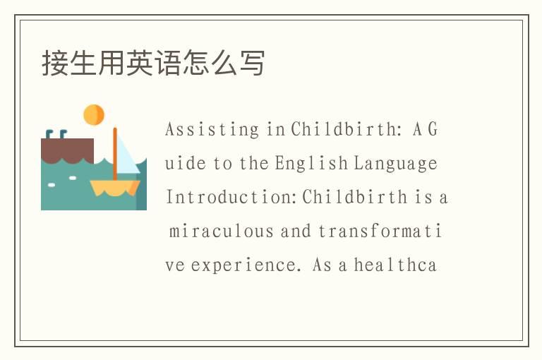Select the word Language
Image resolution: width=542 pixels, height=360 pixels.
point(396,164)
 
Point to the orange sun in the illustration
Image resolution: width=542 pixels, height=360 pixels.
point(94,114)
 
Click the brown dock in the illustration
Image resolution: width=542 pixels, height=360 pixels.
point(67,149)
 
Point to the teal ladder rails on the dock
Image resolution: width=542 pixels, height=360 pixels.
point(56,134)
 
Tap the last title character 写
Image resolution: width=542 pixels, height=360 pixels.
point(254,63)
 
